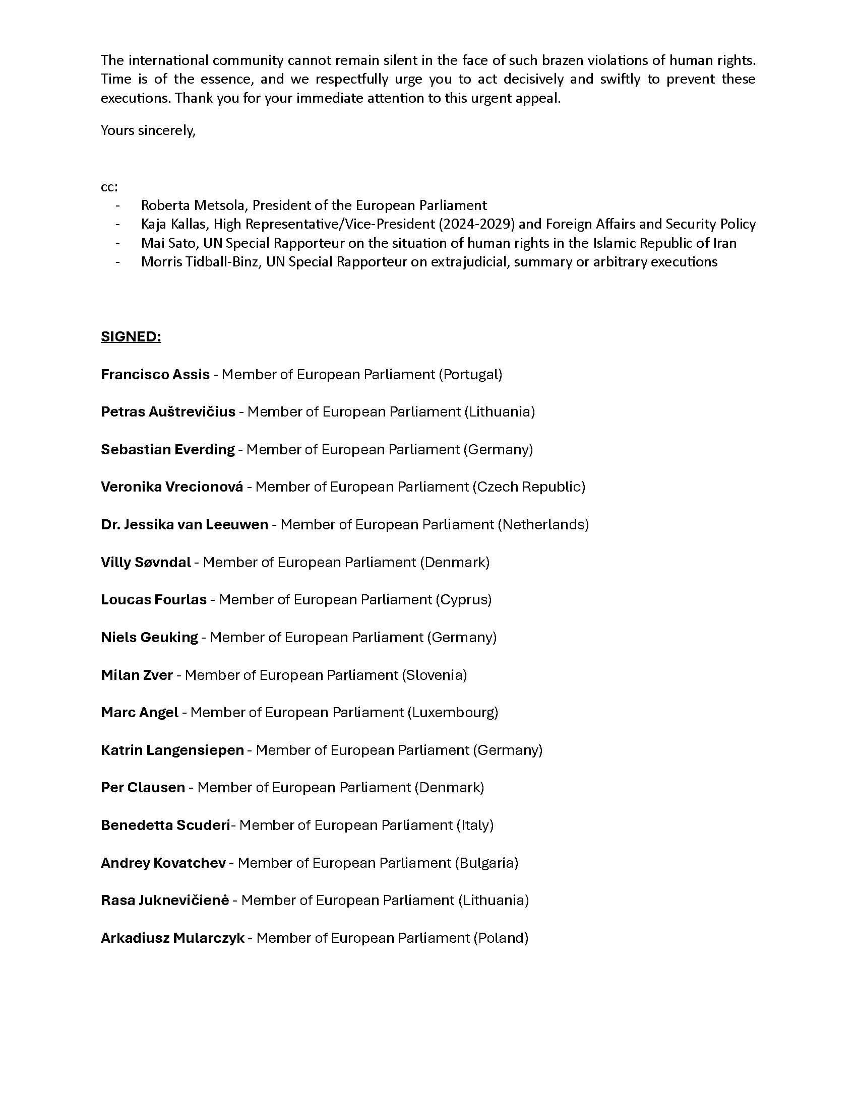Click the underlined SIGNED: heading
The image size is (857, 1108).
[x=131, y=337]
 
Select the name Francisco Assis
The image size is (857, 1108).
[x=155, y=374]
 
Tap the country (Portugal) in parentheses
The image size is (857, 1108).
[x=470, y=374]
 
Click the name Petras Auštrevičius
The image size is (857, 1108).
[x=167, y=411]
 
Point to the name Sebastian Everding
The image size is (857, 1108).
[x=167, y=449]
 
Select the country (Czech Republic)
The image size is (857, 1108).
[x=528, y=487]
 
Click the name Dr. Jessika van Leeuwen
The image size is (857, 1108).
[x=185, y=525]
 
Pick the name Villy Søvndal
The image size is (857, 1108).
[x=146, y=562]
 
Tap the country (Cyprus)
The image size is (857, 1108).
[x=463, y=600]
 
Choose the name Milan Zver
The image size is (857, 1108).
[x=137, y=675]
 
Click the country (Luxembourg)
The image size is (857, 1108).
[x=453, y=713]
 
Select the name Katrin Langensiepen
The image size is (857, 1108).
[x=172, y=750]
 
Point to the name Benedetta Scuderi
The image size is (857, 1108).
[x=165, y=825]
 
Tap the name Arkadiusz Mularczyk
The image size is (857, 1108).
[x=172, y=938]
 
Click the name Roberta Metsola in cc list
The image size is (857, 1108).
[x=195, y=205]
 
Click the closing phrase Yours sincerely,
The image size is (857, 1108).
[x=148, y=130]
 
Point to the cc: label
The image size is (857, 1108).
[x=109, y=187]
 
